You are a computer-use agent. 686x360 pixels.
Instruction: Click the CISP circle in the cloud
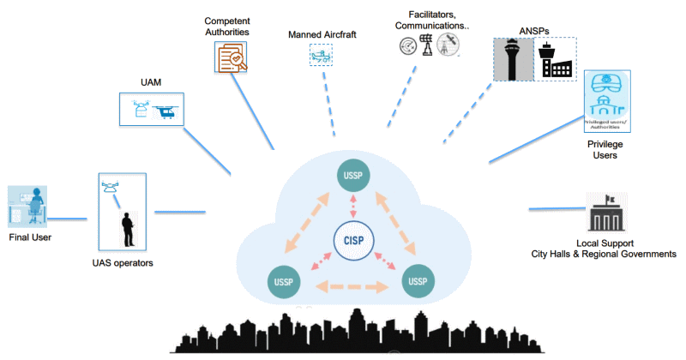point(352,240)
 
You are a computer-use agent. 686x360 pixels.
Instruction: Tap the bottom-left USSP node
point(284,282)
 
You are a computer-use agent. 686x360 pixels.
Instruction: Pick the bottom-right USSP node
point(418,281)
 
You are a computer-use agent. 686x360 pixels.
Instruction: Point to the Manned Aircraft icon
point(321,56)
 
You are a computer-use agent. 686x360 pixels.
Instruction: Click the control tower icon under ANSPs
point(514,59)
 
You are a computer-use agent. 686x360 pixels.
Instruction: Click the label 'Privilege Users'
point(606,149)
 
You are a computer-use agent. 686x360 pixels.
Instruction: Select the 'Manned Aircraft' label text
point(322,35)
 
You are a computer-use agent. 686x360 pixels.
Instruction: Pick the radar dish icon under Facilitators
point(407,45)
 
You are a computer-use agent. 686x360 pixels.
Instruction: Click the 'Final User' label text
point(31,237)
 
